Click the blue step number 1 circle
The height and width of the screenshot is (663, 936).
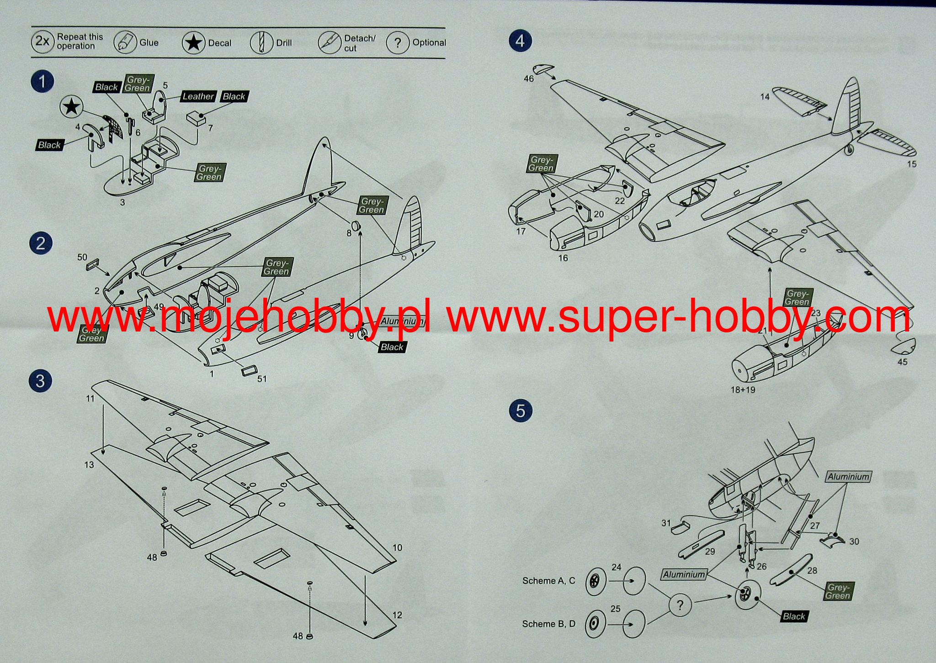[x=43, y=82]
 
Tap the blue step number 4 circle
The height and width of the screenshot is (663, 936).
[x=520, y=41]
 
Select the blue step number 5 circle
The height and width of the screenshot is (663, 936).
[x=520, y=410]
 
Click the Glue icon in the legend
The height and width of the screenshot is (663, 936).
[x=125, y=43]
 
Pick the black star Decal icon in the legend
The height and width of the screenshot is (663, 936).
[x=194, y=43]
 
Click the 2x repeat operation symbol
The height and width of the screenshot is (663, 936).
[x=43, y=42]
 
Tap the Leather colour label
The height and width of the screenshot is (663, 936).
[x=198, y=96]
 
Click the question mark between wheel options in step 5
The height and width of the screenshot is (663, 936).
[x=680, y=605]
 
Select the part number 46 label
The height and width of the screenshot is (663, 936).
[x=528, y=79]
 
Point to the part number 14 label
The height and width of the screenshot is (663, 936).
[x=765, y=97]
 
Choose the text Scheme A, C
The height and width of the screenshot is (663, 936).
[x=548, y=581]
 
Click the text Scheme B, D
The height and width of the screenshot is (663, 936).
[x=548, y=624]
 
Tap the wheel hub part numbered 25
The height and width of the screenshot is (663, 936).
[x=595, y=624]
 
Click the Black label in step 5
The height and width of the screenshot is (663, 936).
[x=794, y=616]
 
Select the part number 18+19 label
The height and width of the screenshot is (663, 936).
[x=743, y=390]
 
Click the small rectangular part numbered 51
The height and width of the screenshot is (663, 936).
[x=249, y=371]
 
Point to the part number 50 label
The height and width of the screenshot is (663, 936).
[x=82, y=258]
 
